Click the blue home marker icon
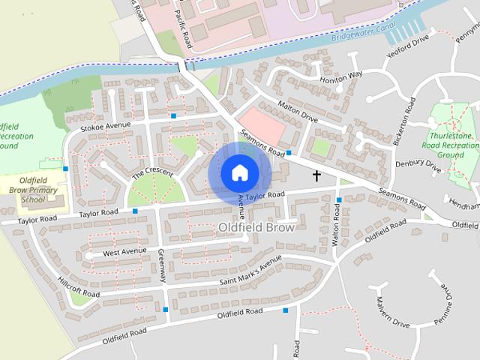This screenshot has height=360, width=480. (x=239, y=173)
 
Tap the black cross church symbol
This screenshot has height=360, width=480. (x=316, y=176)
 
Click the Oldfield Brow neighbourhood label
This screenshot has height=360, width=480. (x=257, y=226)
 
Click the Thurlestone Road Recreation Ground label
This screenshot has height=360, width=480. (x=451, y=138)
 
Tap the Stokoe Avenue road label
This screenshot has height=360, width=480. (x=106, y=124)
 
